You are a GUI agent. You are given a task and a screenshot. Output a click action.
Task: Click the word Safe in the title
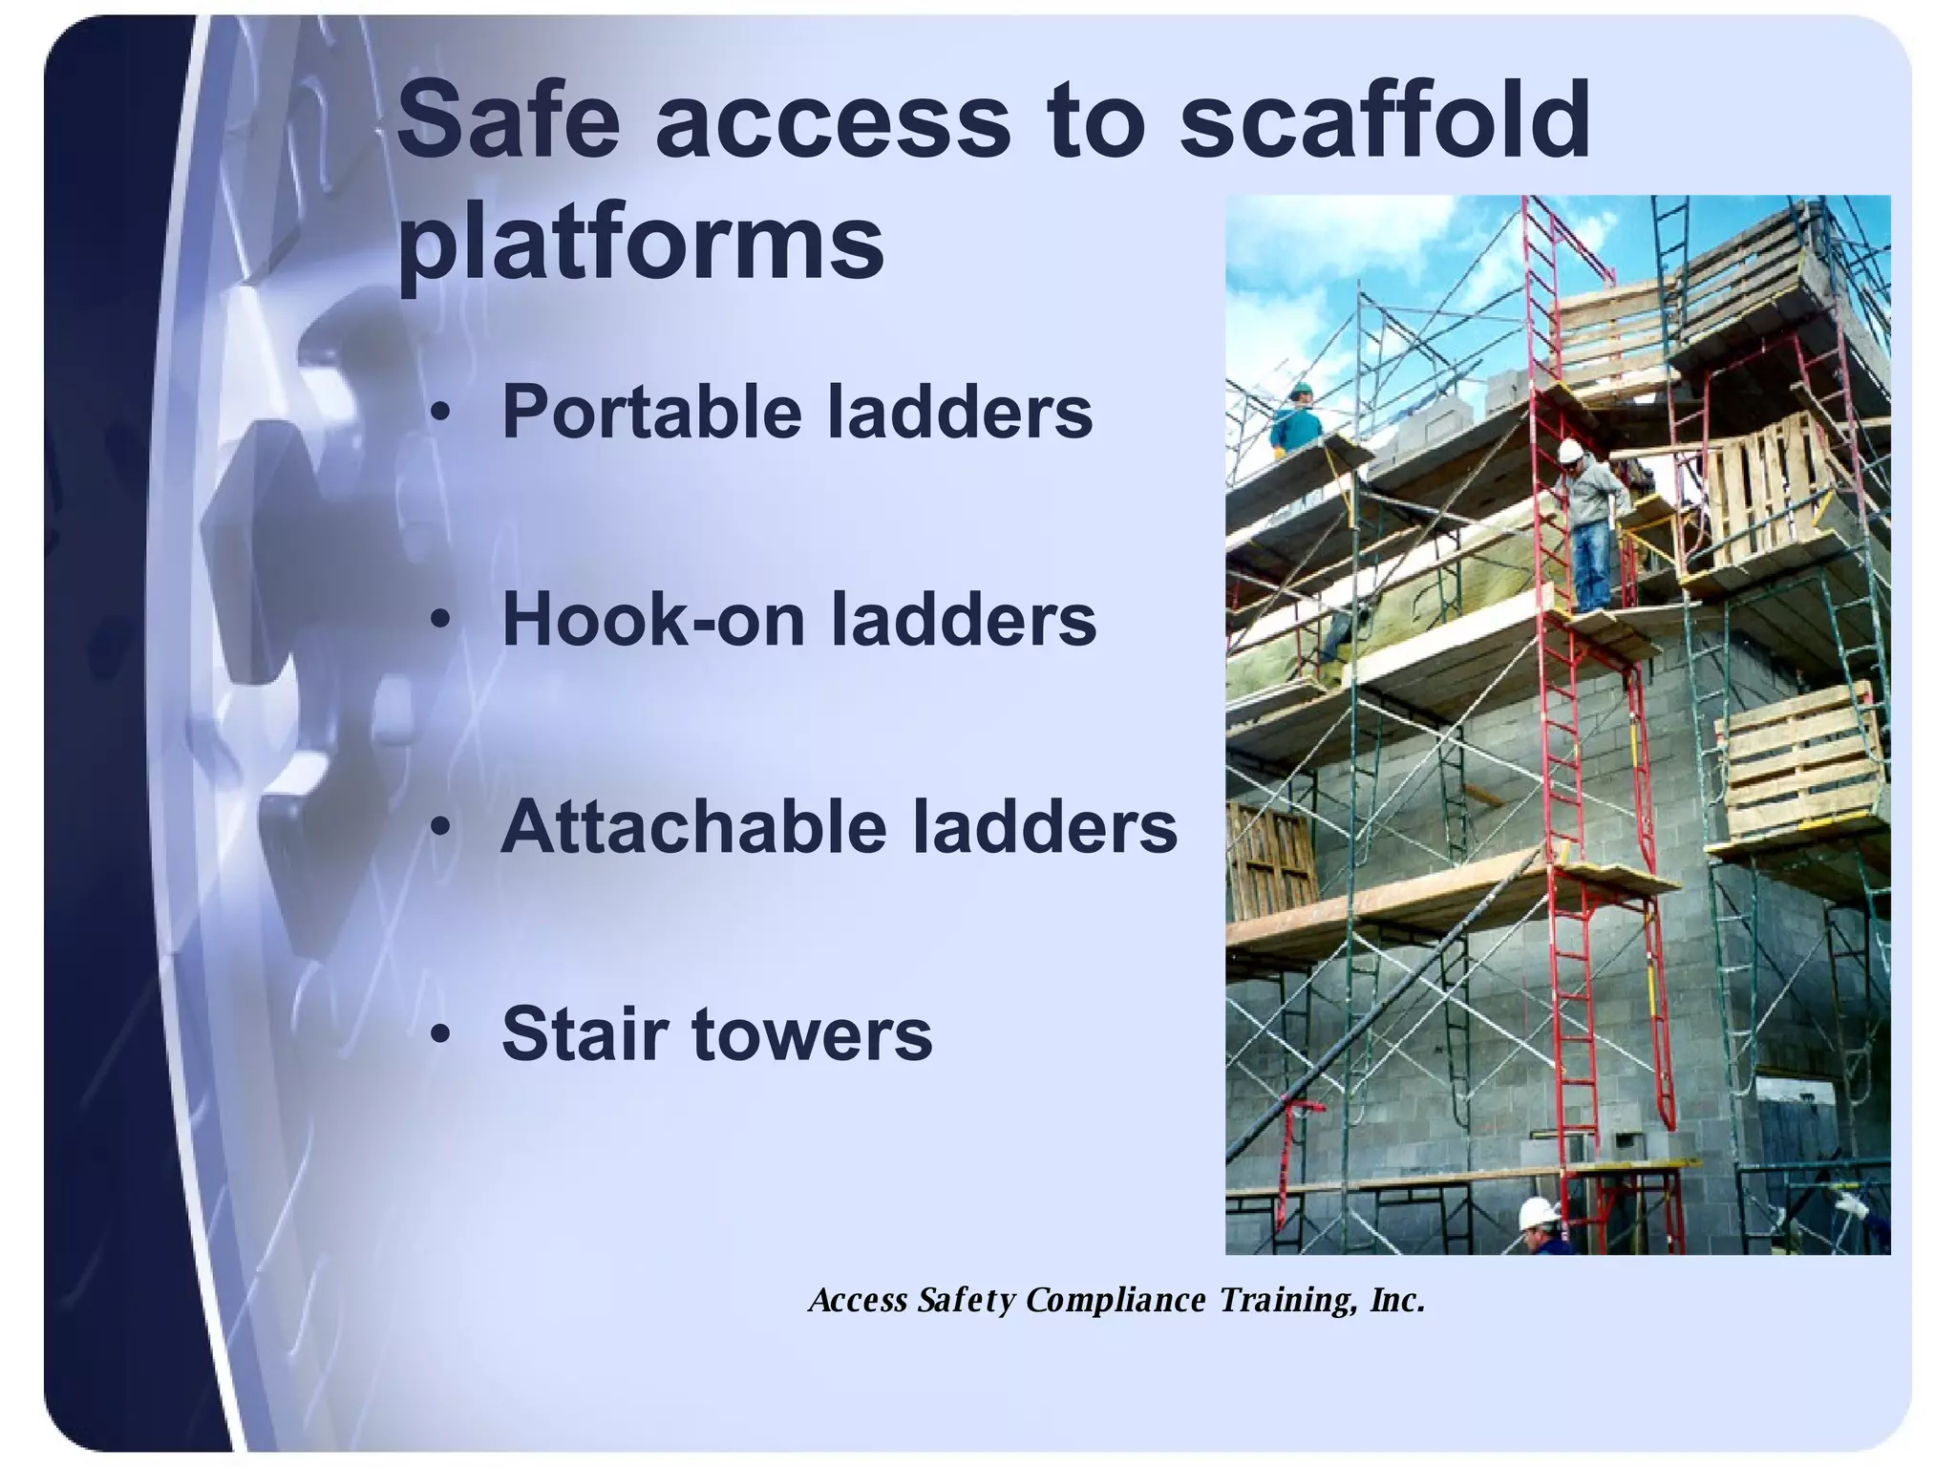tap(508, 121)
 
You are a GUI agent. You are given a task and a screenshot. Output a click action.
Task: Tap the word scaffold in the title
tap(1385, 121)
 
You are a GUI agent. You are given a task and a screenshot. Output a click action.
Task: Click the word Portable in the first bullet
tap(654, 413)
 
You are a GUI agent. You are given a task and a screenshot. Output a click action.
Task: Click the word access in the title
tap(831, 121)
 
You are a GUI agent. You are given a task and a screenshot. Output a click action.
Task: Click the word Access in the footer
tap(857, 1300)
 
